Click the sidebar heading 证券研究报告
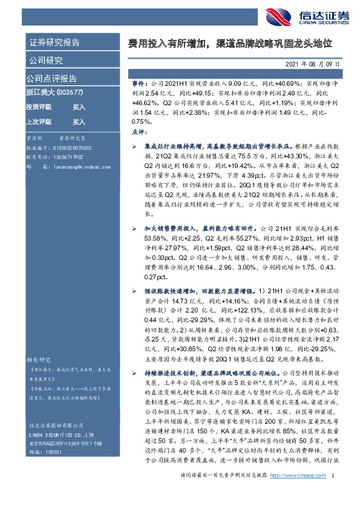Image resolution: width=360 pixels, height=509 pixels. [x=54, y=42]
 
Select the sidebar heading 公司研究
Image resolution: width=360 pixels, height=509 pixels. [x=46, y=60]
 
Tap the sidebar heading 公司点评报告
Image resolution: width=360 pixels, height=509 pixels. [x=51, y=79]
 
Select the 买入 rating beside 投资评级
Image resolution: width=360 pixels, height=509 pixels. [x=79, y=107]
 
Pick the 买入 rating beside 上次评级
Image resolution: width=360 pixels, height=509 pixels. [x=79, y=120]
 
